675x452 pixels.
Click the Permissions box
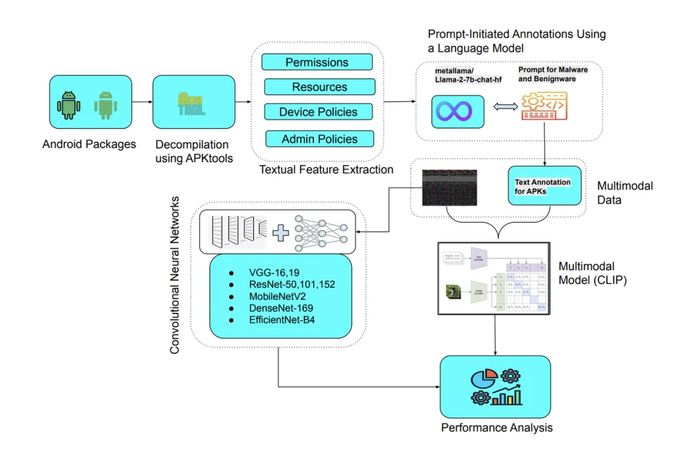pyautogui.click(x=317, y=62)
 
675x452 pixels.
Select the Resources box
pyautogui.click(x=319, y=87)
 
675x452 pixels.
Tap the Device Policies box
pyautogui.click(x=318, y=112)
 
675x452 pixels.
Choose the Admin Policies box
pyautogui.click(x=319, y=139)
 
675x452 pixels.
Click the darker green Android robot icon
pyautogui.click(x=69, y=106)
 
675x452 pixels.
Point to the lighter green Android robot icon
pyautogui.click(x=106, y=106)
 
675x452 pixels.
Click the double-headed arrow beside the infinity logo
pyautogui.click(x=502, y=108)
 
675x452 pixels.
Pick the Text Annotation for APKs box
pyautogui.click(x=544, y=186)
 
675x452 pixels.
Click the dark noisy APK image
pyautogui.click(x=449, y=188)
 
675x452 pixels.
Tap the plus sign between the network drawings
pyautogui.click(x=281, y=233)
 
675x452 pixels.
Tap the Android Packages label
pyautogui.click(x=89, y=144)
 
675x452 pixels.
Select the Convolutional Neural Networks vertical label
pyautogui.click(x=175, y=275)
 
